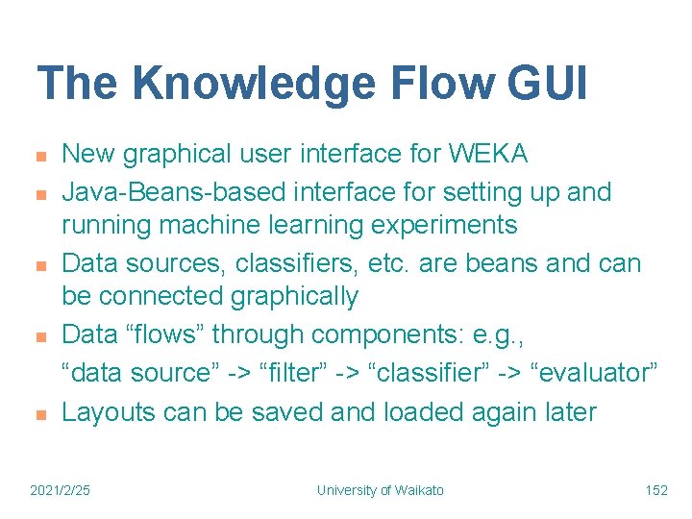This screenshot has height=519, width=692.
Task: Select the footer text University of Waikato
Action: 380,490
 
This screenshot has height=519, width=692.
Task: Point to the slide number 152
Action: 655,490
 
